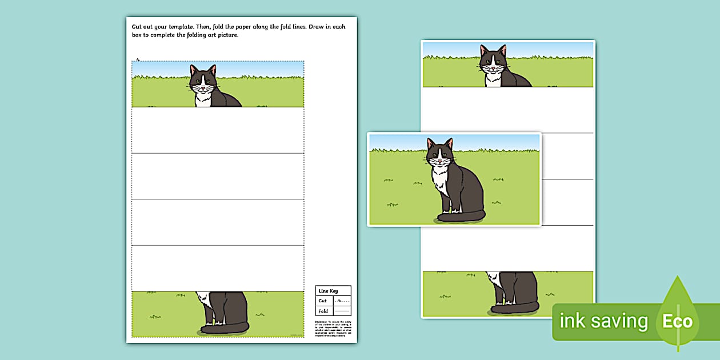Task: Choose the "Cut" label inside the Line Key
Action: point(323,301)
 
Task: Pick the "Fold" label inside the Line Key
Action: point(323,311)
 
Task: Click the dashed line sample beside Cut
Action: point(342,301)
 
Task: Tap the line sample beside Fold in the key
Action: point(342,311)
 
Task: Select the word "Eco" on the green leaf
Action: point(677,321)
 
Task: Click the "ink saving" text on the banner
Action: point(603,321)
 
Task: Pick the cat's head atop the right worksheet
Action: point(493,59)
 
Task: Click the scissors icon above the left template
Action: point(138,59)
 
